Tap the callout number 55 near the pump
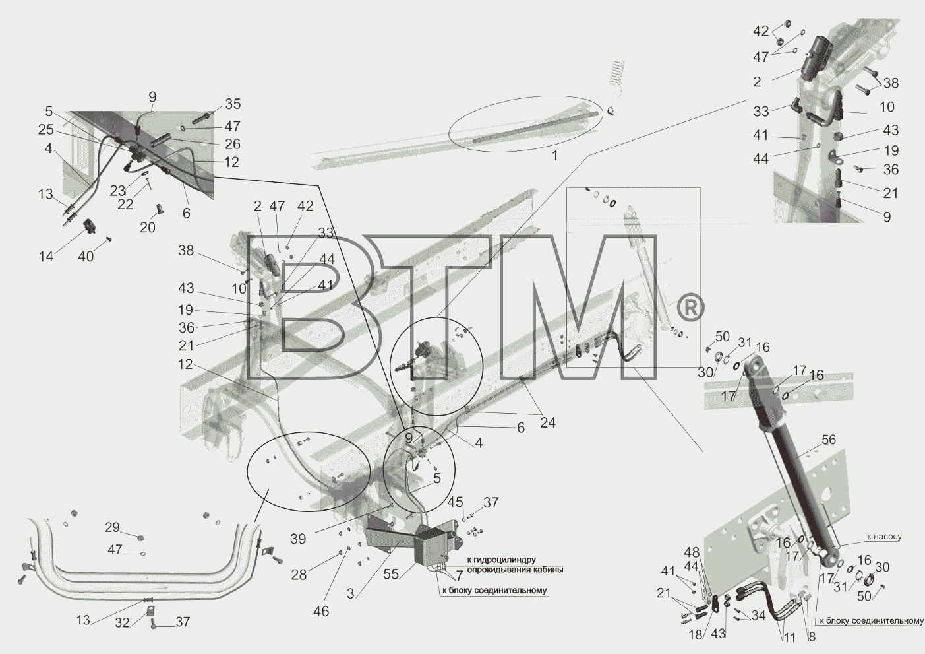(391, 575)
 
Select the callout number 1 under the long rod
(555, 156)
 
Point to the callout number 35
(233, 104)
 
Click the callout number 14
(46, 257)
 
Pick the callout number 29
(112, 527)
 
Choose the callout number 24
(548, 422)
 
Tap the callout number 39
(298, 539)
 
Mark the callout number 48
(692, 553)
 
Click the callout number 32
(122, 622)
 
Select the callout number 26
(233, 144)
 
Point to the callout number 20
(148, 228)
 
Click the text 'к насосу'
(884, 537)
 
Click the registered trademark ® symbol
(690, 307)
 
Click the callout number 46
(321, 611)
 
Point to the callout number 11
(789, 638)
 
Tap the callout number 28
(299, 575)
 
